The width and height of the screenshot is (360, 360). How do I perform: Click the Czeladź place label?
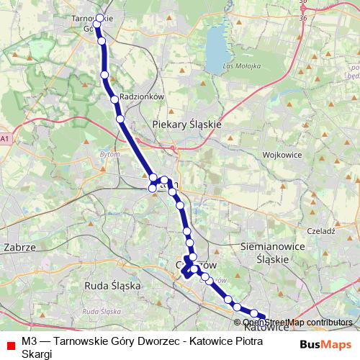(x=323, y=231)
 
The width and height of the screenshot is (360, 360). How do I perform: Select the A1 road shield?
(x=6, y=138)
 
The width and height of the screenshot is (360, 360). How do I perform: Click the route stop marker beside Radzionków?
(x=114, y=99)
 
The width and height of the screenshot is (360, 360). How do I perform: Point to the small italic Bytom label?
(x=107, y=153)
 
